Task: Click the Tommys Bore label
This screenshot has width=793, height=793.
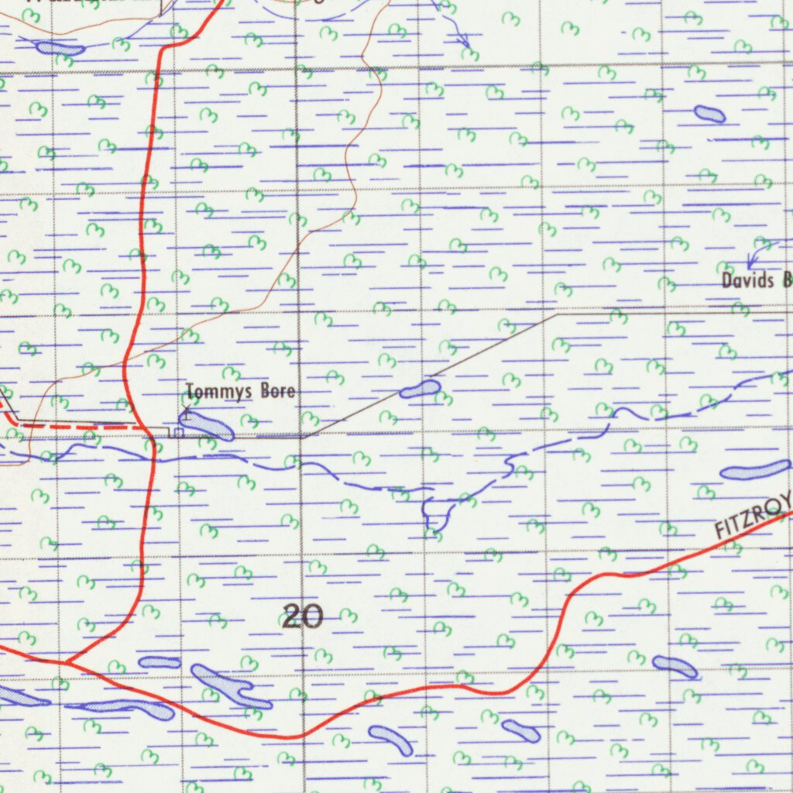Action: [240, 392]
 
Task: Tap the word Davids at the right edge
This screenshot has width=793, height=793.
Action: [747, 280]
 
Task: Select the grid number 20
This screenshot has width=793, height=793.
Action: [302, 617]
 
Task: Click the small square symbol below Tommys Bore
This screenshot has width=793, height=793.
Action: [179, 432]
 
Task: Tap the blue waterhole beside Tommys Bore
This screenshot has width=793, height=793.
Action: [206, 425]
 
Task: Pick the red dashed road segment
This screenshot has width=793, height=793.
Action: [85, 425]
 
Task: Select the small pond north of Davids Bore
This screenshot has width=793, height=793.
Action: [709, 115]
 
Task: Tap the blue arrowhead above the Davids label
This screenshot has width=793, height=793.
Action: [750, 265]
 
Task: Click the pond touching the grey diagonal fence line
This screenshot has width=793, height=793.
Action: [420, 390]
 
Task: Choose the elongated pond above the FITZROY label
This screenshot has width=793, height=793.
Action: [755, 470]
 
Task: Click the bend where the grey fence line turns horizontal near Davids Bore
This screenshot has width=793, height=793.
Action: [557, 315]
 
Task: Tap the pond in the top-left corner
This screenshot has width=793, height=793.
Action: [60, 49]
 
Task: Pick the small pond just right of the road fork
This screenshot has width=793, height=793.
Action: [159, 662]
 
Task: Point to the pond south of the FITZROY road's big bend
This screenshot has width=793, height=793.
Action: [520, 730]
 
